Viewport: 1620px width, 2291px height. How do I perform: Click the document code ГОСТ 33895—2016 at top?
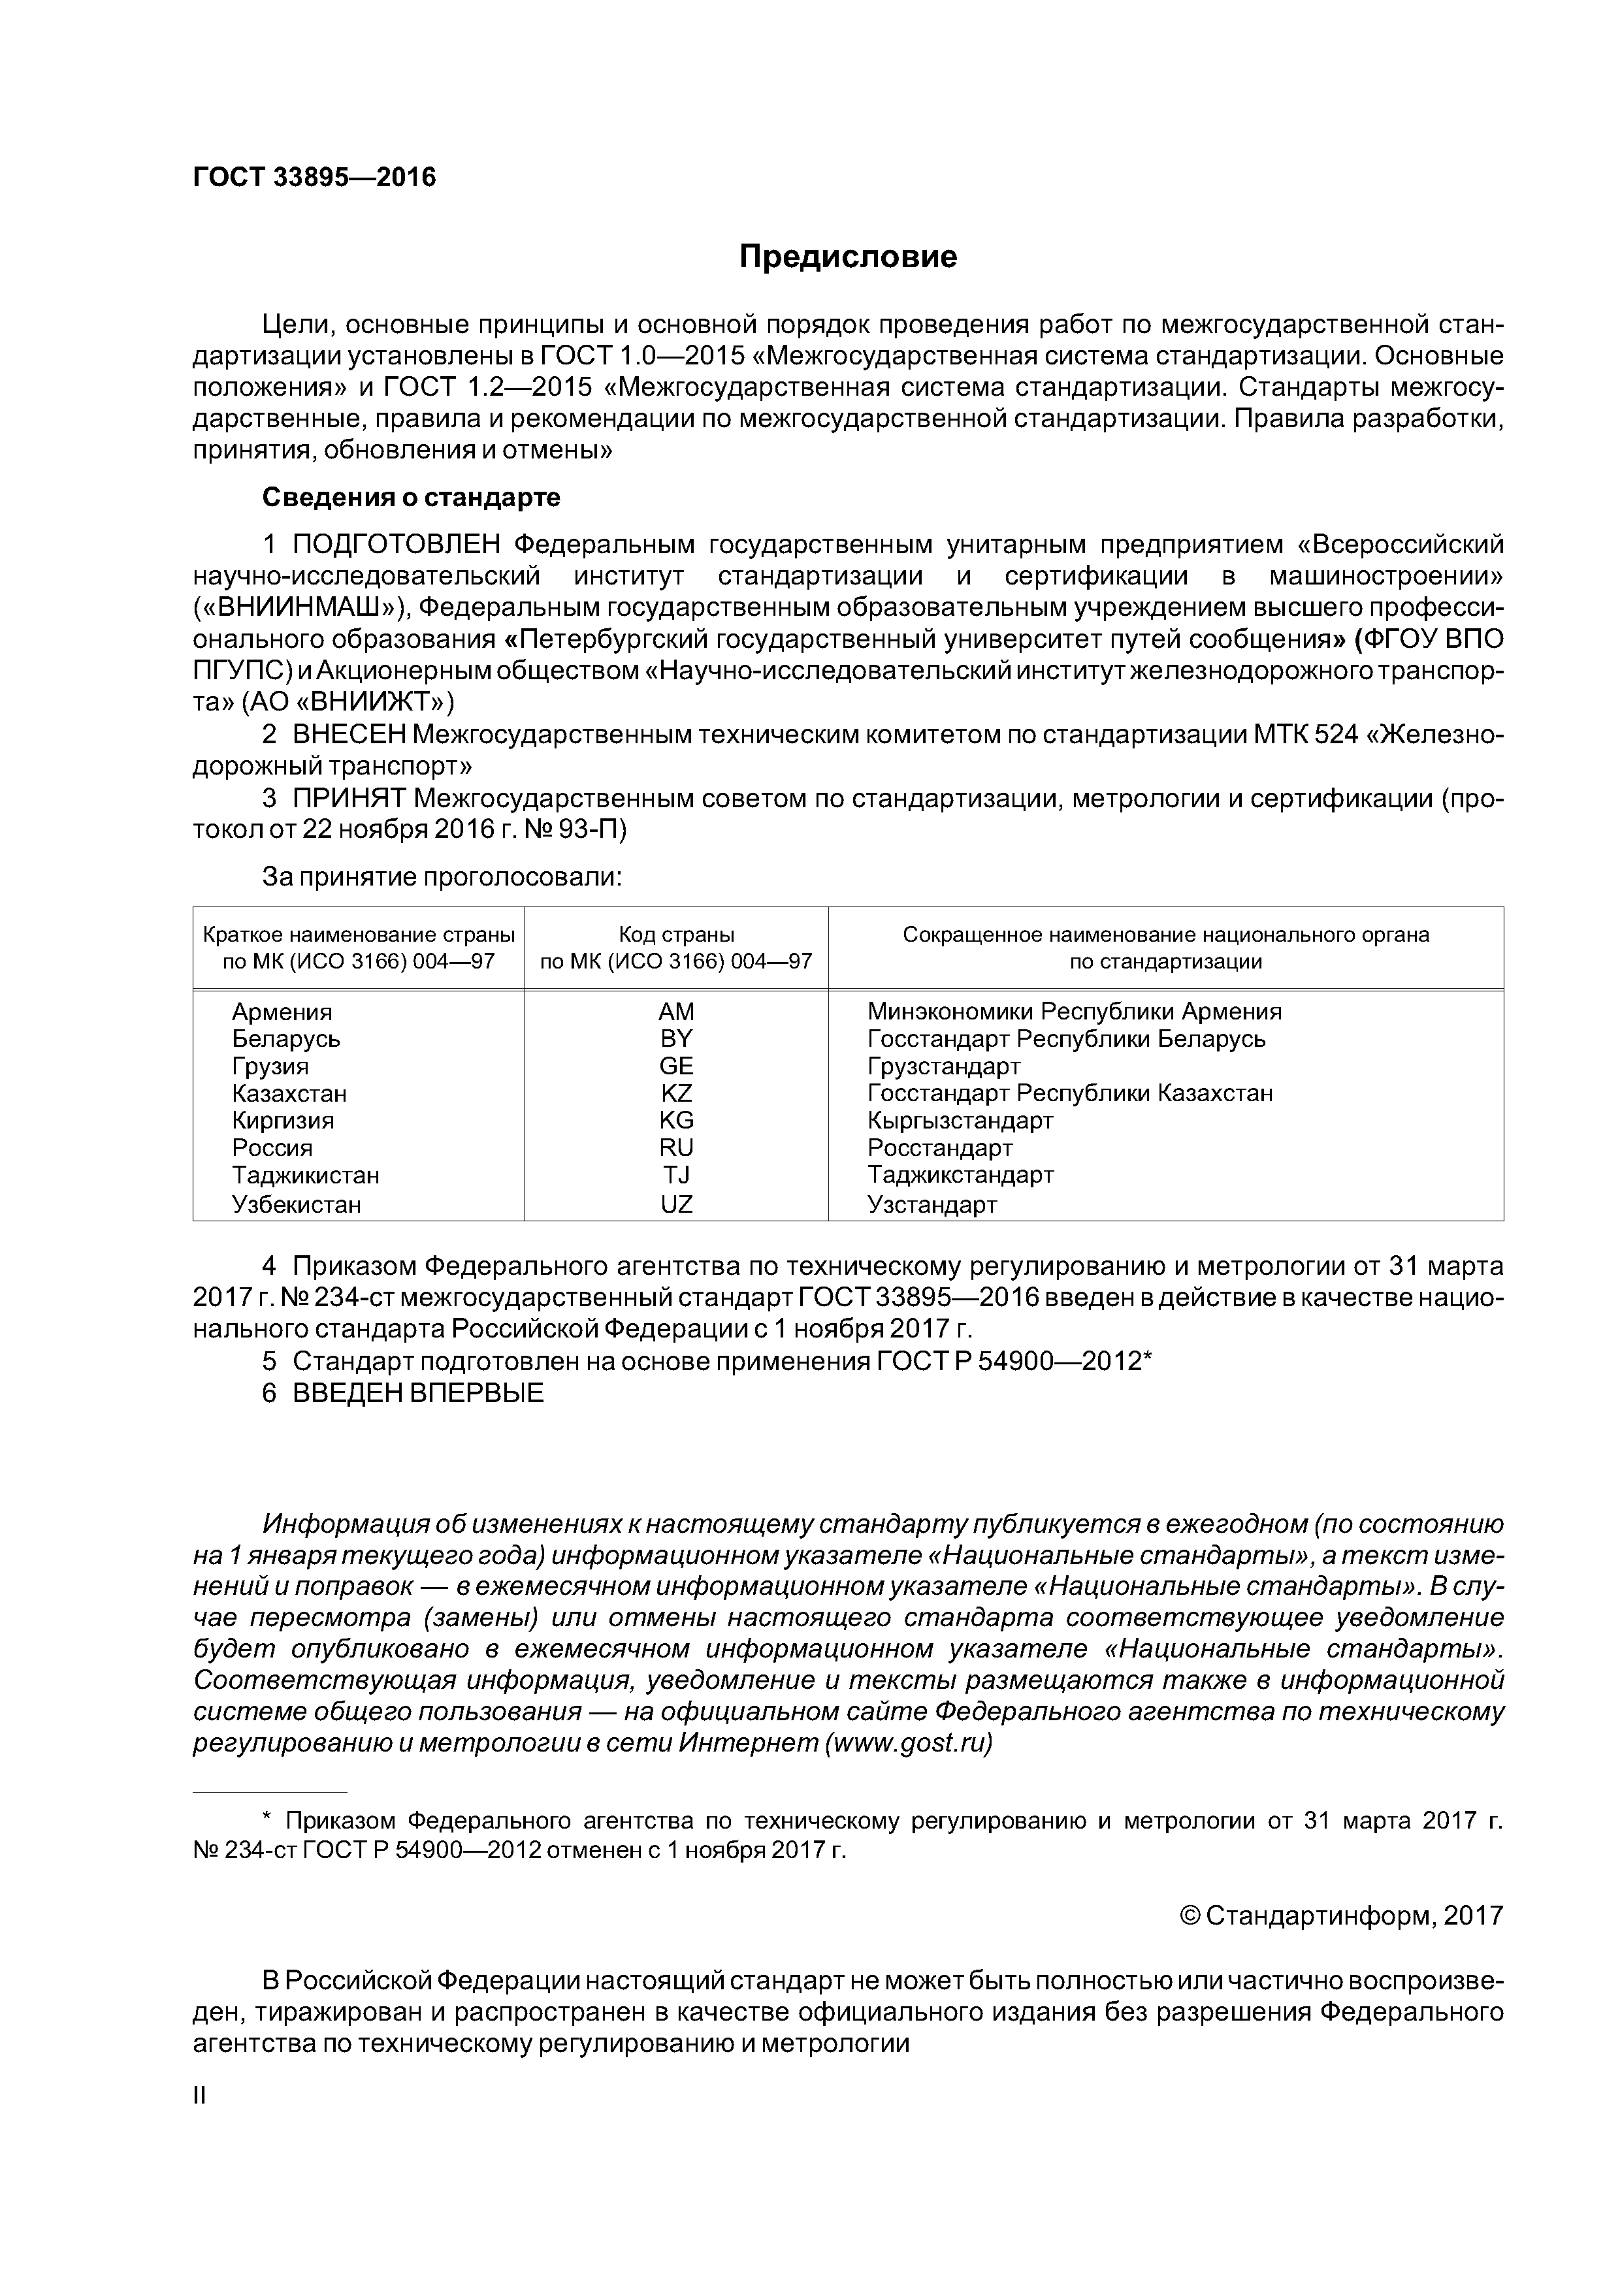pos(314,178)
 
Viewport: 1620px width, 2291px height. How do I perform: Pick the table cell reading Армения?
pos(282,1012)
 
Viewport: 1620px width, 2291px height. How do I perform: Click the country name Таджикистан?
pos(306,1176)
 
